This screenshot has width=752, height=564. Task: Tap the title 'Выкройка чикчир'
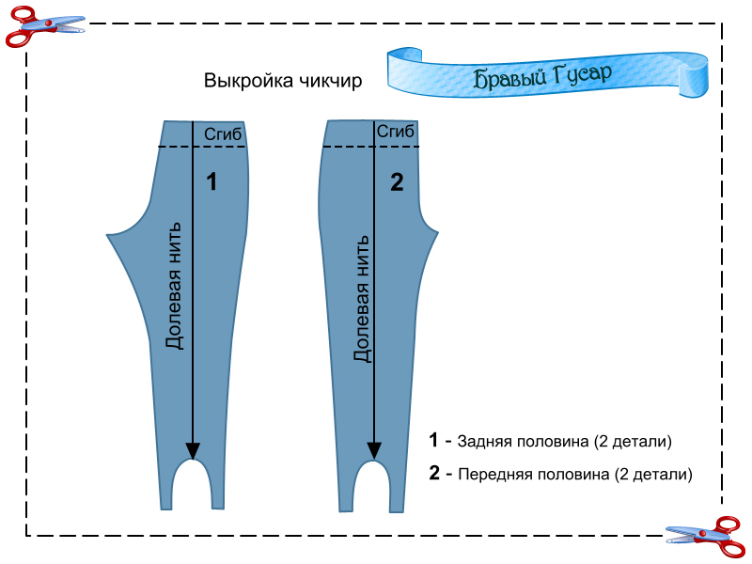coord(283,81)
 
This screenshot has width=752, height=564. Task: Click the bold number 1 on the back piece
coord(211,182)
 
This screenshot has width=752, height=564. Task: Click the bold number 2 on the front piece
coord(396,182)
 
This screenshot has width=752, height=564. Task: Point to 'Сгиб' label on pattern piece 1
coord(223,134)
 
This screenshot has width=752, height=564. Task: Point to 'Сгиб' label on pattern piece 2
coord(396,133)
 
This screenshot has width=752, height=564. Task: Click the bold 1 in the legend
coord(433,440)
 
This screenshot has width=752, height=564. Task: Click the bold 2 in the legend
coord(434,474)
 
